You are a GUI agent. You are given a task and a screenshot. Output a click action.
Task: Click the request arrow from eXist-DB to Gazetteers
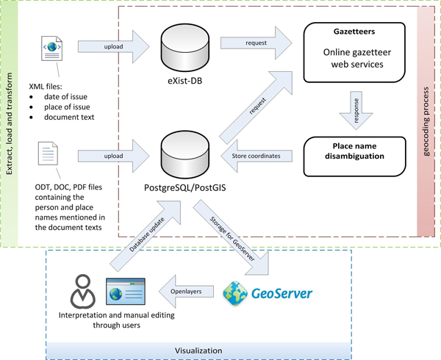coord(257,44)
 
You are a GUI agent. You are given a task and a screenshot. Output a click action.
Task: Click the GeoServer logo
coord(268,292)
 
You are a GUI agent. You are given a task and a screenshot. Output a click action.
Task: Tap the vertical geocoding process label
coord(427,118)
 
